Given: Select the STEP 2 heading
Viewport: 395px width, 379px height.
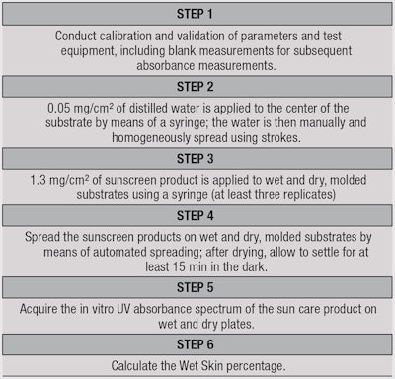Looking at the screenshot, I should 197,85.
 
